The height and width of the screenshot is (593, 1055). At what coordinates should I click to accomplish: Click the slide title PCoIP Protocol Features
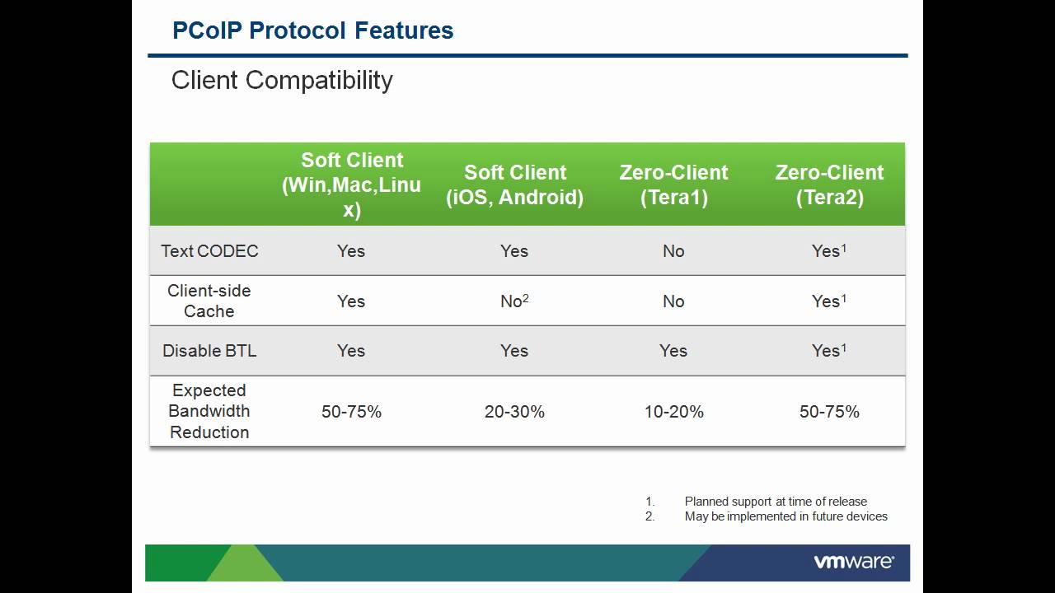coord(312,30)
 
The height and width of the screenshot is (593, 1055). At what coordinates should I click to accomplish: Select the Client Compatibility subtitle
coord(282,80)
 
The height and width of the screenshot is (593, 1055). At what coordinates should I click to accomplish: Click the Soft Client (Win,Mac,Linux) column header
coord(351,184)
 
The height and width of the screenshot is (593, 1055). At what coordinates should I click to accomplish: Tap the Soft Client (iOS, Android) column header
coord(514,184)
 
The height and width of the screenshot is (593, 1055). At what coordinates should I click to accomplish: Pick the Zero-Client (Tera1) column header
coord(673,184)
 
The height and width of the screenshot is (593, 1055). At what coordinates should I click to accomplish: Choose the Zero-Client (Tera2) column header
coord(829,184)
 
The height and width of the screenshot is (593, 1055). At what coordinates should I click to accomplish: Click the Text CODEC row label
coord(209,251)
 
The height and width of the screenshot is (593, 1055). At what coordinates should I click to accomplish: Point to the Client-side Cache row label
coord(209,301)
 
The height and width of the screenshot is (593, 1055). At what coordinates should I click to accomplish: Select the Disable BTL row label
coord(209,351)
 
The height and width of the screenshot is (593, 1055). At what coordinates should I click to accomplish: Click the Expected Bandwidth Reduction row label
coord(209,411)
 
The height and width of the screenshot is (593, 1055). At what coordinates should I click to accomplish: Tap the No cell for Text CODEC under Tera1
coord(673,251)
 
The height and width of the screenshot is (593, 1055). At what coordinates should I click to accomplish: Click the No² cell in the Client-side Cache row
coord(514,301)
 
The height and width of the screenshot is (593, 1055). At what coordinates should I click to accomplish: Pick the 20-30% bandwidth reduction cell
coord(514,412)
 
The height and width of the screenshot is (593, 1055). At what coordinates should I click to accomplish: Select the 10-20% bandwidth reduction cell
coord(673,412)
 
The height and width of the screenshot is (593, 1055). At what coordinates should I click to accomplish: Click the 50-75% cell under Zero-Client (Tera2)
coord(829,412)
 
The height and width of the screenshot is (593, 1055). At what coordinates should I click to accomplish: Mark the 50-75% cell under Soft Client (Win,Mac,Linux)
coord(351,412)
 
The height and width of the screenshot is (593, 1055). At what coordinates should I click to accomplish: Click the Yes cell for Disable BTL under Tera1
coord(673,351)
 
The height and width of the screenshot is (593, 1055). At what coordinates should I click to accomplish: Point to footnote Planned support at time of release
coord(775,501)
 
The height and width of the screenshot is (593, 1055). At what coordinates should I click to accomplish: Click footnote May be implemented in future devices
coord(785,516)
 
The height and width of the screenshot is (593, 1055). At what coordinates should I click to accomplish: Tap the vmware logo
coord(854,563)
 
